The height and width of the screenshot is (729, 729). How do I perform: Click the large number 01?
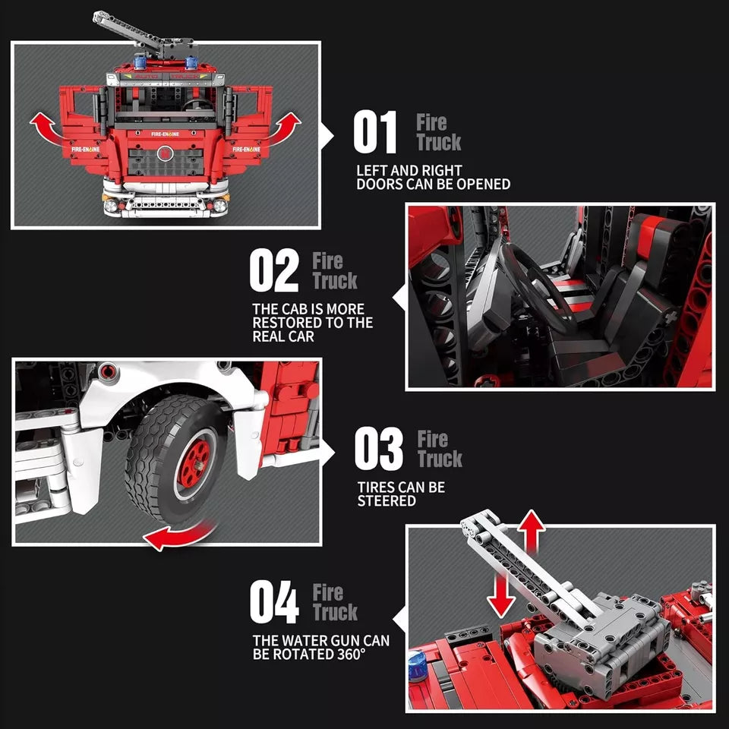[x=374, y=132]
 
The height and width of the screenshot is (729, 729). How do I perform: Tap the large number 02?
[x=274, y=270]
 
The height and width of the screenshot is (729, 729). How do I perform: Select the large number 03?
[x=378, y=449]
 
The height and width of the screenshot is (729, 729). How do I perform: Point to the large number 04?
[x=274, y=601]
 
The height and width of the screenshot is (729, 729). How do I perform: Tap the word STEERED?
[x=387, y=500]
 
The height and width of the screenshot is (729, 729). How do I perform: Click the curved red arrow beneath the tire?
[x=179, y=535]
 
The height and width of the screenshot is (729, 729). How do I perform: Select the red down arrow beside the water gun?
[x=501, y=595]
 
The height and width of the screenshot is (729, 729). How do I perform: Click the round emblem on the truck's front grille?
[x=165, y=153]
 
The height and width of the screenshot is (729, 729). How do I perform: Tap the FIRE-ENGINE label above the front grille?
[x=165, y=134]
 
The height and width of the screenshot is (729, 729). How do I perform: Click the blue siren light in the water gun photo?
[x=418, y=666]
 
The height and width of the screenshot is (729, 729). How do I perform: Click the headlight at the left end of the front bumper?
[x=111, y=205]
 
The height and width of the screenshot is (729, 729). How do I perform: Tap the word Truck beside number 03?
[x=440, y=459]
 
